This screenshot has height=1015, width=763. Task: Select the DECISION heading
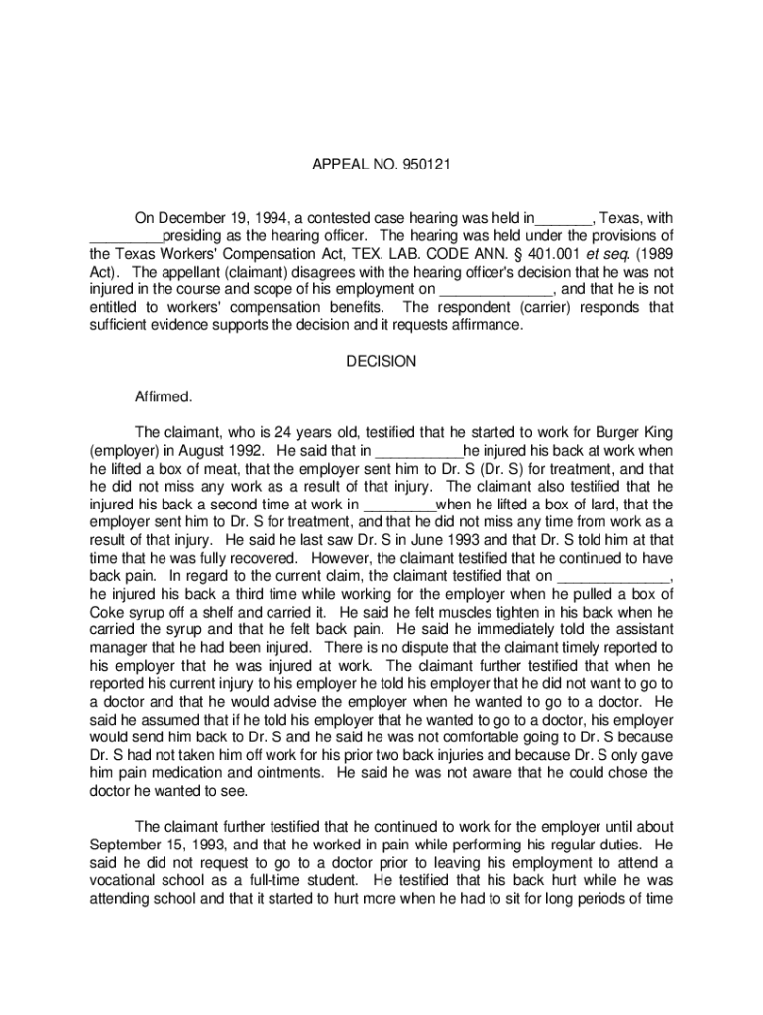pyautogui.click(x=381, y=362)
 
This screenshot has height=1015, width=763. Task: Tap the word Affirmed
pyautogui.click(x=163, y=397)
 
